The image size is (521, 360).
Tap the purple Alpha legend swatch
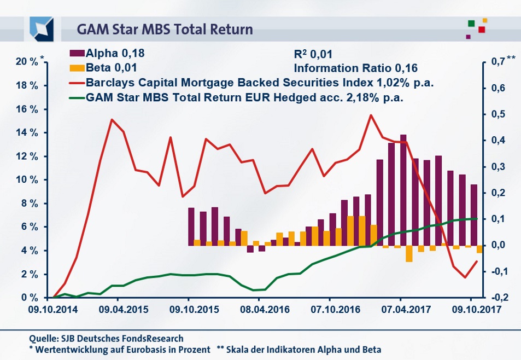(77, 54)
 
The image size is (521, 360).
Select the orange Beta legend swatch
(77, 68)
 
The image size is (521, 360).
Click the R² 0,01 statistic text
(313, 54)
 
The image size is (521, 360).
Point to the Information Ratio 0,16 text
(355, 68)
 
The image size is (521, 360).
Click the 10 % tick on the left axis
(26, 180)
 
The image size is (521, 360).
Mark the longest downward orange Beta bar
(409, 254)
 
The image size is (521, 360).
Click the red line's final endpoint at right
(477, 261)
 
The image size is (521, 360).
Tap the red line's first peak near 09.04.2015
(112, 119)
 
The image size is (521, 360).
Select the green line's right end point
(477, 218)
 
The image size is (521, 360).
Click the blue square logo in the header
(42, 28)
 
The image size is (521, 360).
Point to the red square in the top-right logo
(482, 30)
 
